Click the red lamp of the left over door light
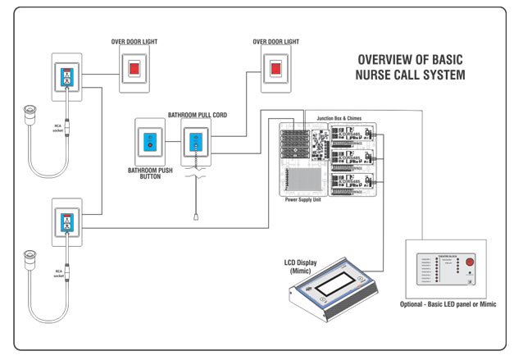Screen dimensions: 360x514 (133, 69)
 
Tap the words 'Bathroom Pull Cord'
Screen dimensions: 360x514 (197, 116)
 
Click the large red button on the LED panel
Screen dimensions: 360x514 (470, 263)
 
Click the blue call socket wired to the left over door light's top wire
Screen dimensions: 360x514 (66, 77)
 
